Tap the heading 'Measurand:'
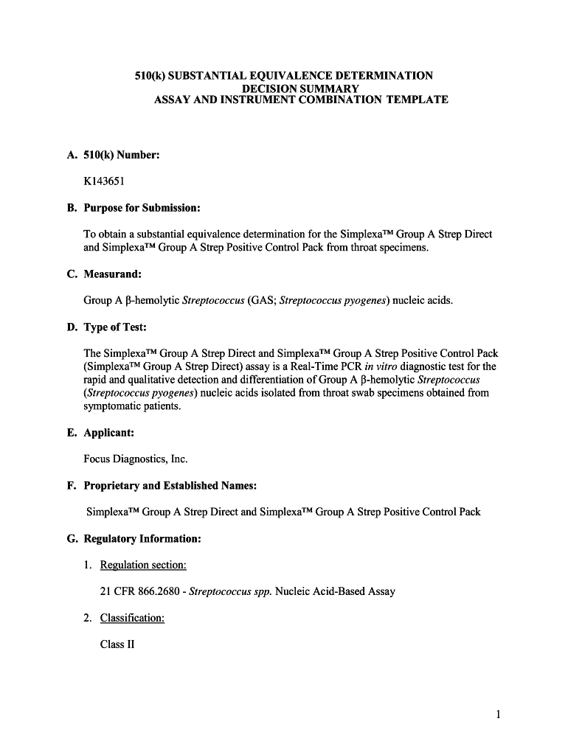[x=112, y=274]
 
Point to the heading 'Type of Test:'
[x=115, y=327]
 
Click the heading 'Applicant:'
[x=108, y=433]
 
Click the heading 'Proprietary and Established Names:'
[x=170, y=486]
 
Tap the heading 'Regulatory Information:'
[x=142, y=539]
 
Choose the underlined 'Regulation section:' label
[x=143, y=566]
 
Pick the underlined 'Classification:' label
[x=132, y=618]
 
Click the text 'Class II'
[x=117, y=644]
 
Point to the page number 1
[x=499, y=714]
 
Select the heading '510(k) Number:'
[x=122, y=155]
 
